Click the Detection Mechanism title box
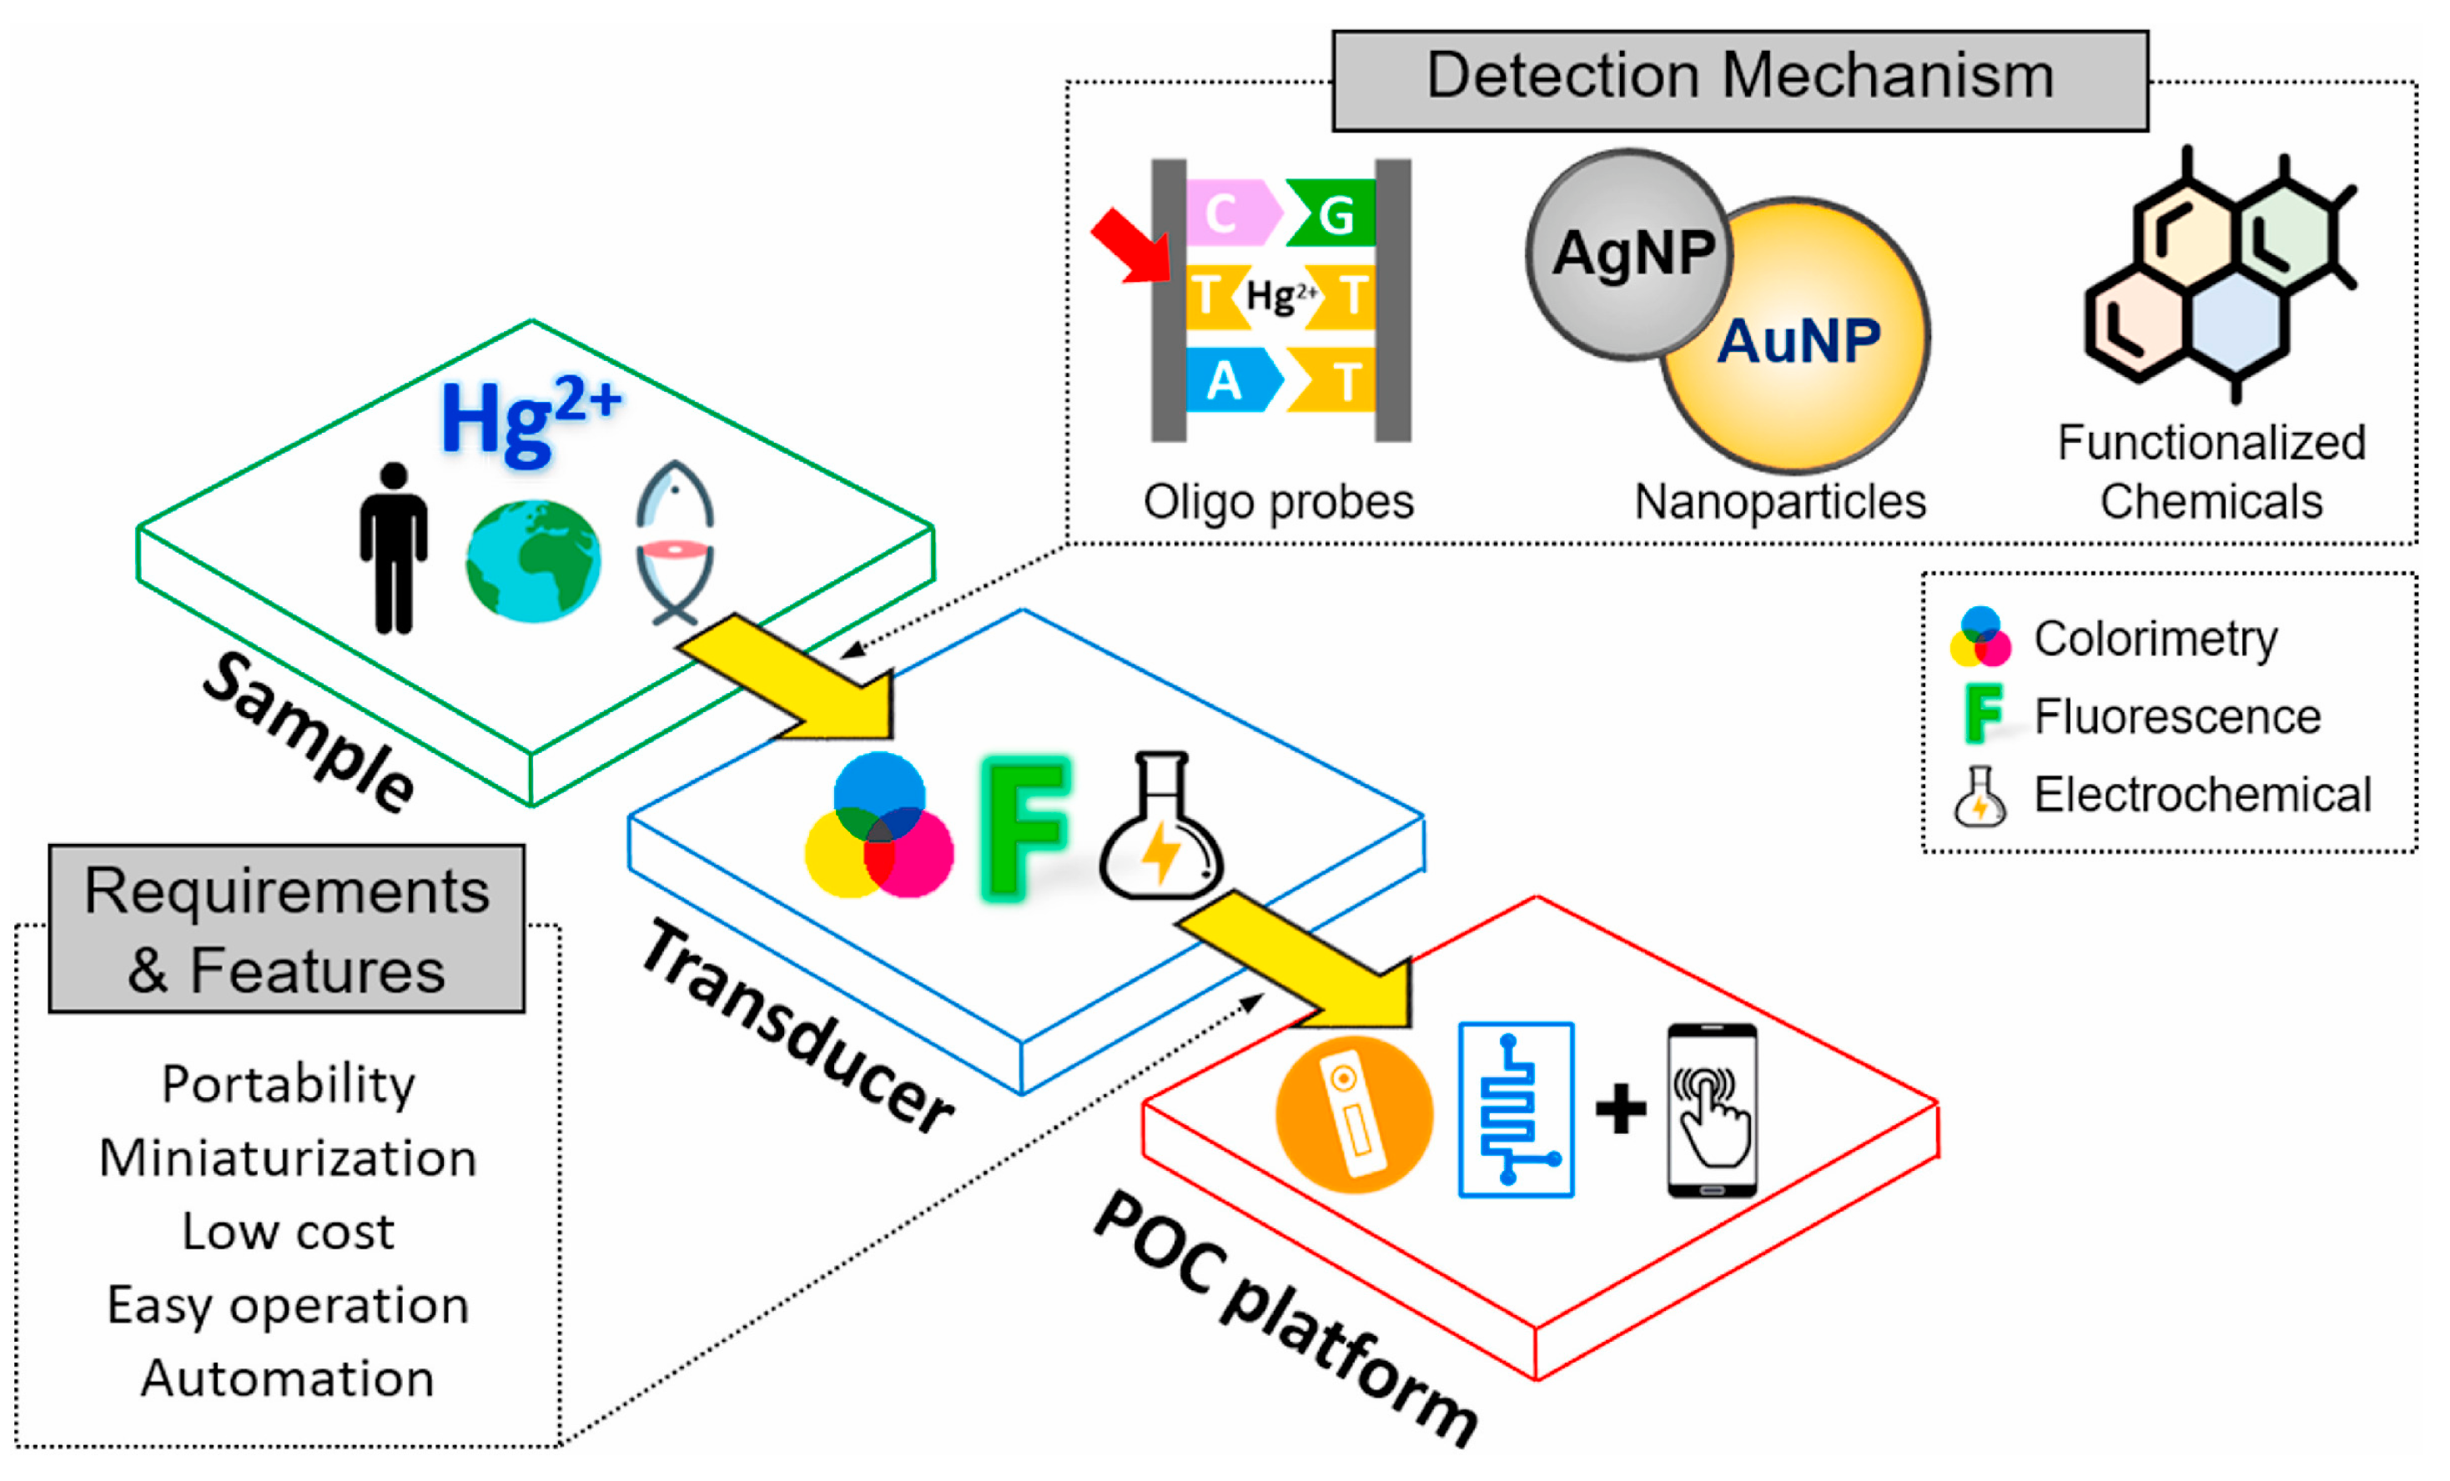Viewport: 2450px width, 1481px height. [1739, 79]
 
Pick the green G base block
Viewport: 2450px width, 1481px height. [1332, 213]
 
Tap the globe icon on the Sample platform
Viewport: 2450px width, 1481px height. [533, 561]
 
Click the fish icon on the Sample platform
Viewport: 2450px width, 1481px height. [674, 543]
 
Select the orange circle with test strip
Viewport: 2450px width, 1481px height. [1353, 1114]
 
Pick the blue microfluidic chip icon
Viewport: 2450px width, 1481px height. [1516, 1110]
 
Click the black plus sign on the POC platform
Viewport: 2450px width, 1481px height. [1620, 1109]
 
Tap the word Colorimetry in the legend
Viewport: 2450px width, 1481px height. [2155, 639]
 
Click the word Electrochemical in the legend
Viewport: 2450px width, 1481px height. [2201, 796]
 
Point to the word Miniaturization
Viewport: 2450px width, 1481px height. [289, 1159]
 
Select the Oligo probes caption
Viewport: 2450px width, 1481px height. [1278, 502]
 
